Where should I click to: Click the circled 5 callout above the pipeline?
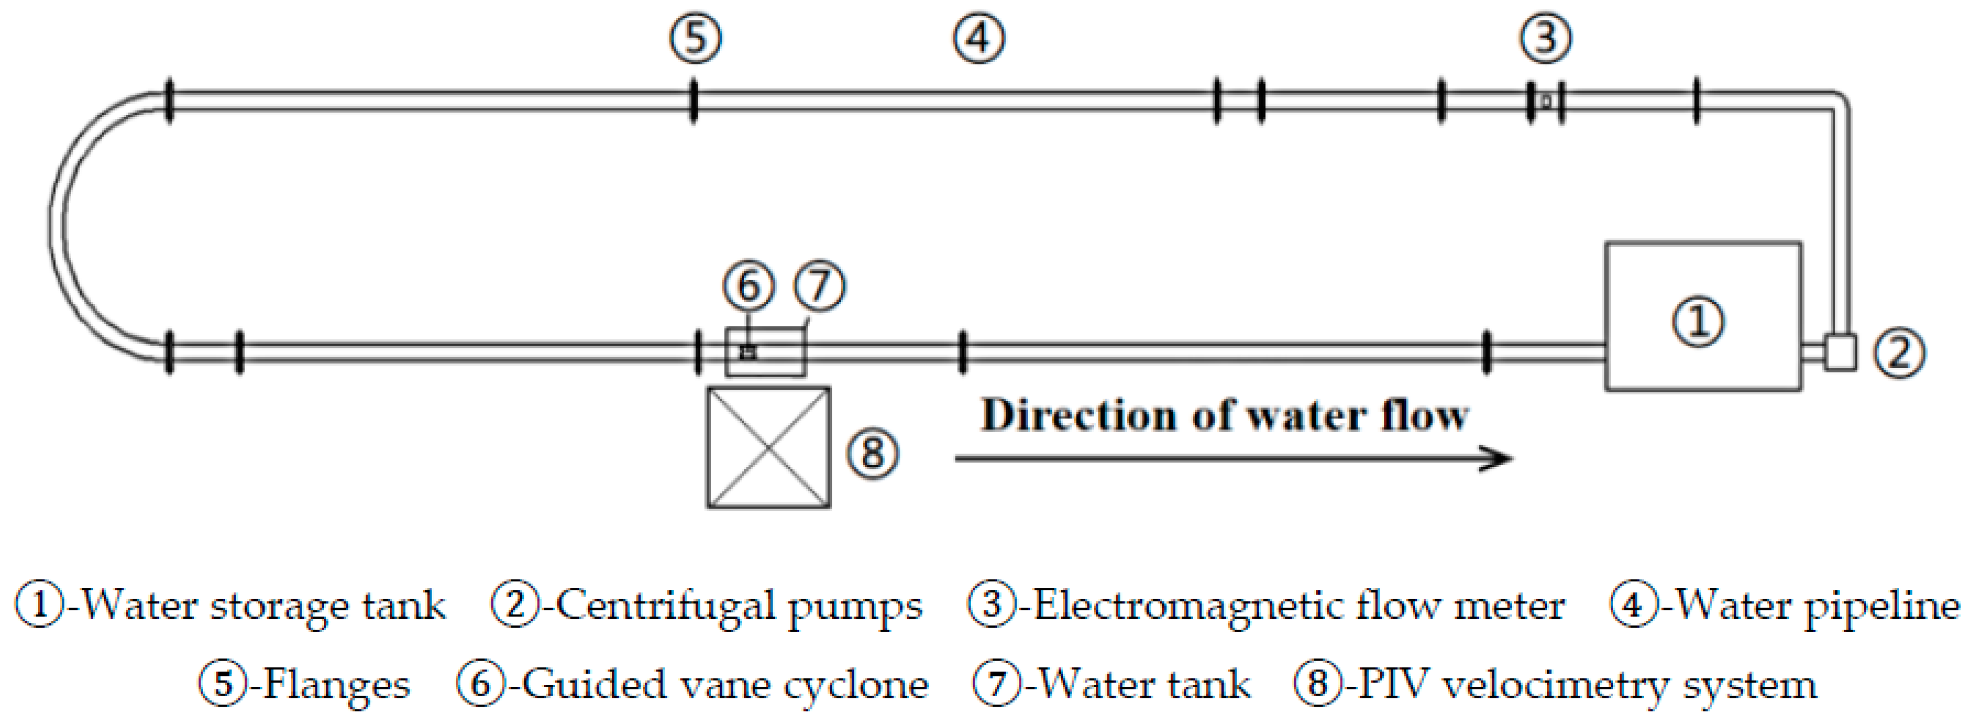click(x=695, y=38)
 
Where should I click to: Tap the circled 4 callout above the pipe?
click(x=979, y=38)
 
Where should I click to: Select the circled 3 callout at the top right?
click(x=1545, y=38)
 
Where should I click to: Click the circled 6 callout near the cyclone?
click(x=748, y=286)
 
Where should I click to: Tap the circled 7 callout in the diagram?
click(x=819, y=286)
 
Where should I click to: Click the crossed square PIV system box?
click(x=768, y=447)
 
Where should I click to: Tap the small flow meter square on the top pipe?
click(x=1545, y=100)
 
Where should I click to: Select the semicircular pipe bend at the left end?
click(x=60, y=226)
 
